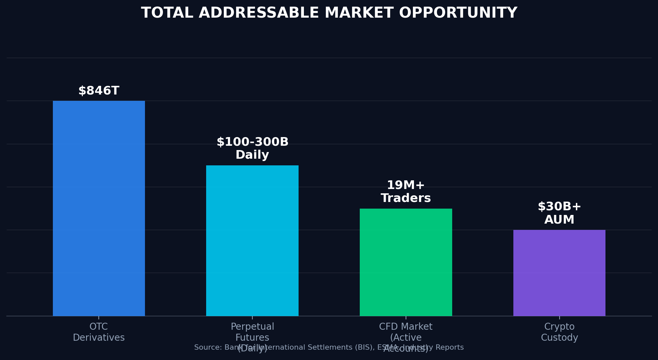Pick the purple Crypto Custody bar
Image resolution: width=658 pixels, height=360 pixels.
tap(559, 272)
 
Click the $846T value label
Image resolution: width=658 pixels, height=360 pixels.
tap(99, 91)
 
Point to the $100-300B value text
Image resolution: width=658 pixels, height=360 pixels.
tap(252, 142)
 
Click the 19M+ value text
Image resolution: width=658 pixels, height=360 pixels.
tap(406, 185)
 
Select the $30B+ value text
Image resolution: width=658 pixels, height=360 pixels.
tap(559, 207)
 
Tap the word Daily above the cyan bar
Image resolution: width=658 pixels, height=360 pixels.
tap(252, 155)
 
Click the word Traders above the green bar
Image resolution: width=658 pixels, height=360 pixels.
tap(406, 198)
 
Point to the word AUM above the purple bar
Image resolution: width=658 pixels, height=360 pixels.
tap(559, 220)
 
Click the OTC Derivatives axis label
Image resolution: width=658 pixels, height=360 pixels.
tap(99, 332)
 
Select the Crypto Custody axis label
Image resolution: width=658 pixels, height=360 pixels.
tap(559, 332)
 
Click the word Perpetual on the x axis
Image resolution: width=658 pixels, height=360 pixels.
tap(252, 327)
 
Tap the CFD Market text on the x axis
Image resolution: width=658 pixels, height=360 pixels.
tap(406, 327)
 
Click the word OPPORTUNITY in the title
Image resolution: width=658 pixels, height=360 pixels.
tap(458, 13)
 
